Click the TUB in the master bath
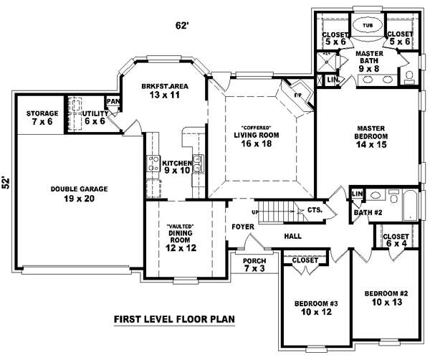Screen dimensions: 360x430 pos(367,24)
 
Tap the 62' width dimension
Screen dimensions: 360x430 pos(182,27)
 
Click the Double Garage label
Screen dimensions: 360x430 pos(79,194)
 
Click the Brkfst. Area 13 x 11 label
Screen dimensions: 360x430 pos(164,90)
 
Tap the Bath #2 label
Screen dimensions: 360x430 pos(368,212)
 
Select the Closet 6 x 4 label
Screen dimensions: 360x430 pos(396,240)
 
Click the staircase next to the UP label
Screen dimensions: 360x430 pos(275,212)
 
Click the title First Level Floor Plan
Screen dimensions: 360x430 pos(175,320)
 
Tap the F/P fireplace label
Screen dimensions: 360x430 pos(299,93)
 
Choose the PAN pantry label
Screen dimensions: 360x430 pos(113,102)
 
